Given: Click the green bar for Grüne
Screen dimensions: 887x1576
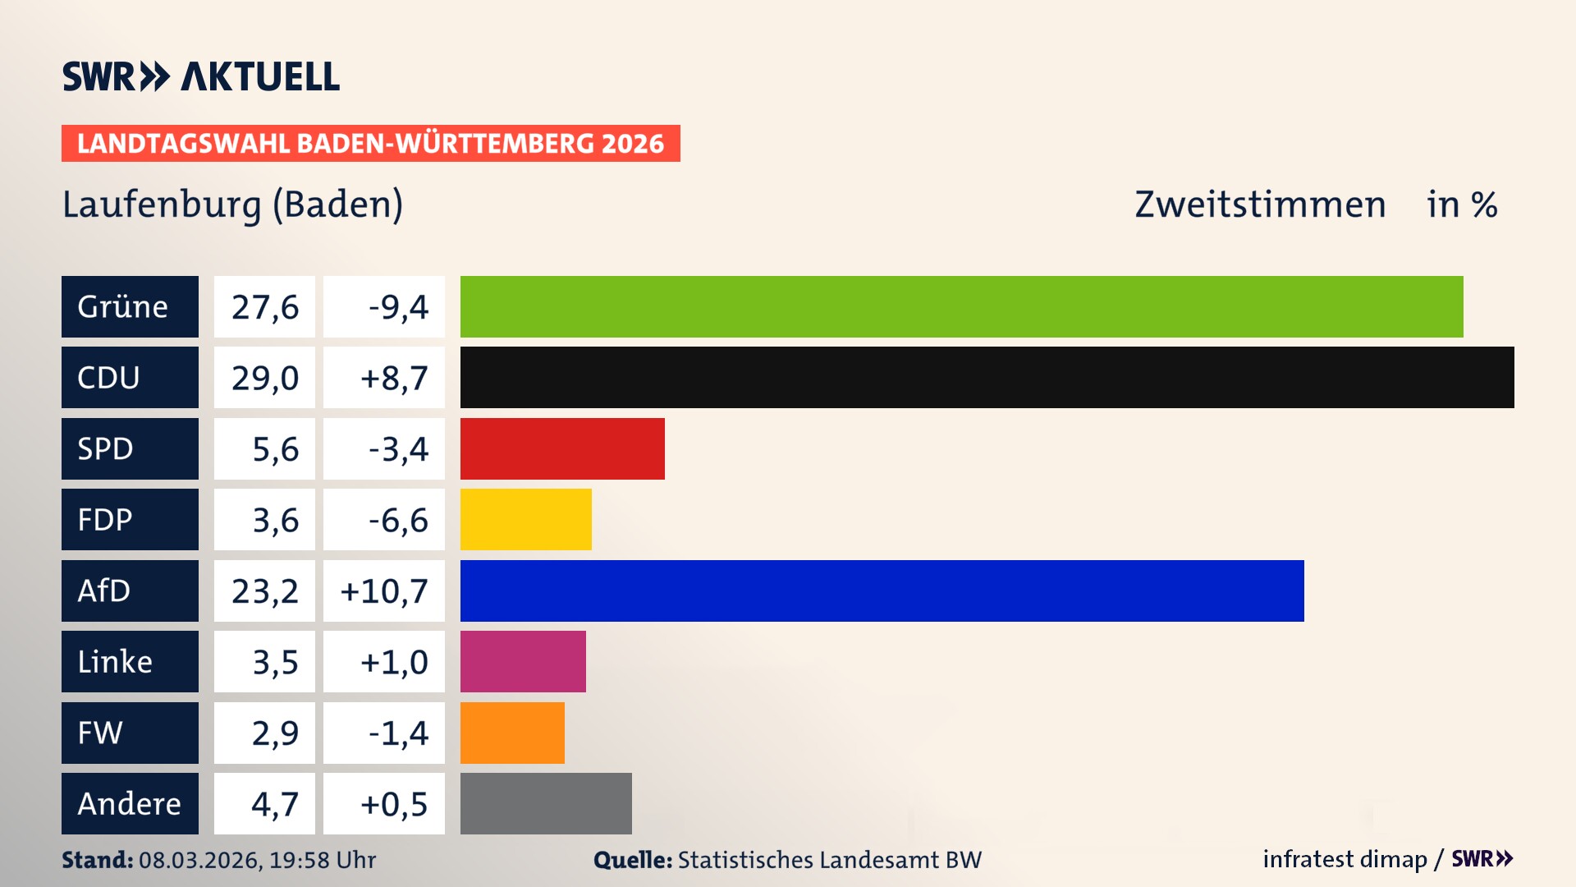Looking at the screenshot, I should pos(961,306).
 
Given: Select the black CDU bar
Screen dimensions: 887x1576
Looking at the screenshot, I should pos(987,377).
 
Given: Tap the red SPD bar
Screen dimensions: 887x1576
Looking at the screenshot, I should pos(562,448).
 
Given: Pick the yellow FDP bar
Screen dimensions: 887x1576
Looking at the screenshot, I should pos(525,519).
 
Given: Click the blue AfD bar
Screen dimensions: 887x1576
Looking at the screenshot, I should pos(882,591).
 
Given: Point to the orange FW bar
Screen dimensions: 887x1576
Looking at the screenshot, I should pos(512,733).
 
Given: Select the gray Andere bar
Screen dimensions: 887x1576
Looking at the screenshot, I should pos(546,803).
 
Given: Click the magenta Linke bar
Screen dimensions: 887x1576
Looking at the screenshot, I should pos(523,661).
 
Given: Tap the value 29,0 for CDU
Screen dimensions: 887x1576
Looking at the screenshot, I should pos(264,378).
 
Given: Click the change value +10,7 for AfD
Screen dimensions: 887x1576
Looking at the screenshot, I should pos(384,591).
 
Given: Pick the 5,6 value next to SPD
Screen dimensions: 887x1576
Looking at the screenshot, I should pos(275,449).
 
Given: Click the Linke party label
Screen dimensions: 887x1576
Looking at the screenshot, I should pos(130,661).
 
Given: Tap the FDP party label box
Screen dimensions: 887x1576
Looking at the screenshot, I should pos(130,519).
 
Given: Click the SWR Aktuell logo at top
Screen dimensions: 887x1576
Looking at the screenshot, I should pos(201,76).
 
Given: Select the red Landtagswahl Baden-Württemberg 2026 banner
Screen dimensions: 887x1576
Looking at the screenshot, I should pos(370,143).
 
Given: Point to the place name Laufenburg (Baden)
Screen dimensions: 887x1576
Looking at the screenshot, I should pos(233,205).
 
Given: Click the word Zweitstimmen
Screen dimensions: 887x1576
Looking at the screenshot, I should pos(1260,205).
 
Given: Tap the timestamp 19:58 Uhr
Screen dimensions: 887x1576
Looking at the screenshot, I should pos(322,860).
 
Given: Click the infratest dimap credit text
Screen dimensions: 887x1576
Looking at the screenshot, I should pos(1345,859).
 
